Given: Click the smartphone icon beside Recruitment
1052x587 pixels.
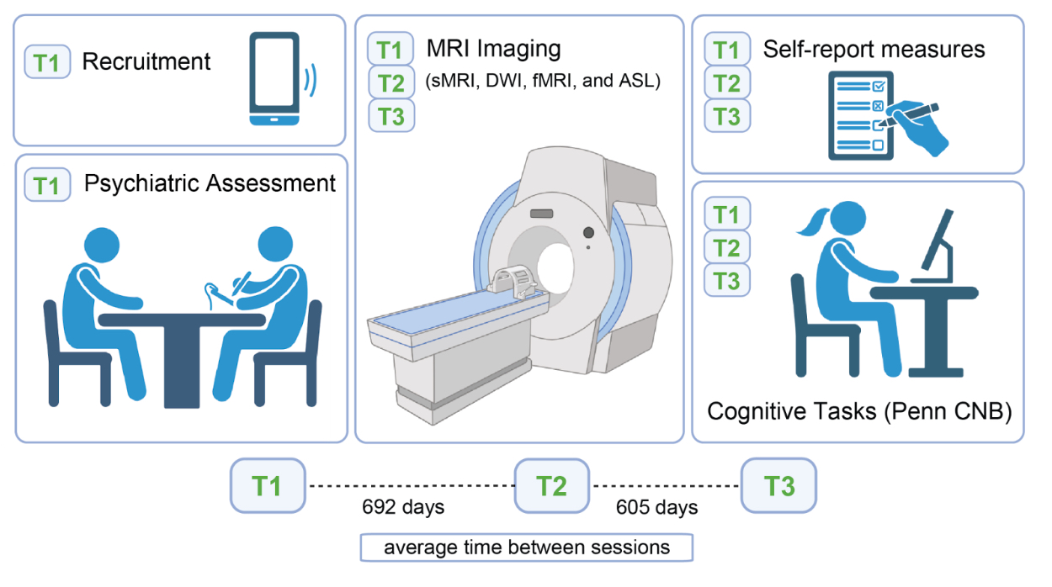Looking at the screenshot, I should point(274,79).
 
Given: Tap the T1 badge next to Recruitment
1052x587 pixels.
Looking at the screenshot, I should point(48,61).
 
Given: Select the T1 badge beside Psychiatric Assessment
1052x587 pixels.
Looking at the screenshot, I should point(48,184).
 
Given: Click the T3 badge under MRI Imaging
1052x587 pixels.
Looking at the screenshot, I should point(391,115).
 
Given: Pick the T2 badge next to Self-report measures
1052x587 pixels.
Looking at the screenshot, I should point(727,83).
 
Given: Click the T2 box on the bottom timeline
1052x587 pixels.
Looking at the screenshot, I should point(552,486).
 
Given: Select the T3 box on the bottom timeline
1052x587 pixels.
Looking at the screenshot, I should point(778,485).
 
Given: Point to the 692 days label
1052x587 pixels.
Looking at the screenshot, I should point(403,507).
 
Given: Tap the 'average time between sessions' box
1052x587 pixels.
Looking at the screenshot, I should point(527,547).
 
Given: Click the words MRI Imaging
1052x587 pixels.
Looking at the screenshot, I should point(495,49).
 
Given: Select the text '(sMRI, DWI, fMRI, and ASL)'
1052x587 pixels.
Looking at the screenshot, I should point(545,82).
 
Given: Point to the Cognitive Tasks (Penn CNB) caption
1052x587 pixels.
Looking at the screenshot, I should point(858,411).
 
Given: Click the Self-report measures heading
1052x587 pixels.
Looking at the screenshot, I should point(874,49).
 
